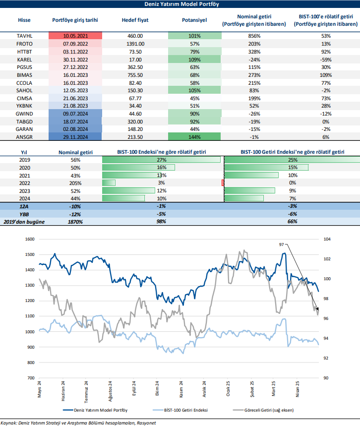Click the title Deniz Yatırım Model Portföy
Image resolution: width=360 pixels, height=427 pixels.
pos(180,4)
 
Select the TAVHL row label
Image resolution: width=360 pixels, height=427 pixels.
pos(24,36)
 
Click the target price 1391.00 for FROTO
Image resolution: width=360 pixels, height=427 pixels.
pos(132,44)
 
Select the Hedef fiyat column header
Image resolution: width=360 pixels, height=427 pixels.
pos(132,20)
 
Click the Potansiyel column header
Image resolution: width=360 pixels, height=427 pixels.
pos(194,20)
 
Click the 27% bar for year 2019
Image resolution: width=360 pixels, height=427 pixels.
pos(162,160)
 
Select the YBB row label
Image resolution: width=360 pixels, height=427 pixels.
pos(24,213)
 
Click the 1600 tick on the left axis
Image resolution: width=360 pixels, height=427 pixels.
pos(30,239)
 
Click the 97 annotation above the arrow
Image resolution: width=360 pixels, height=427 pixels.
pos(281,244)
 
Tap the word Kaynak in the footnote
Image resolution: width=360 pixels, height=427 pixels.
pos(9,423)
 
